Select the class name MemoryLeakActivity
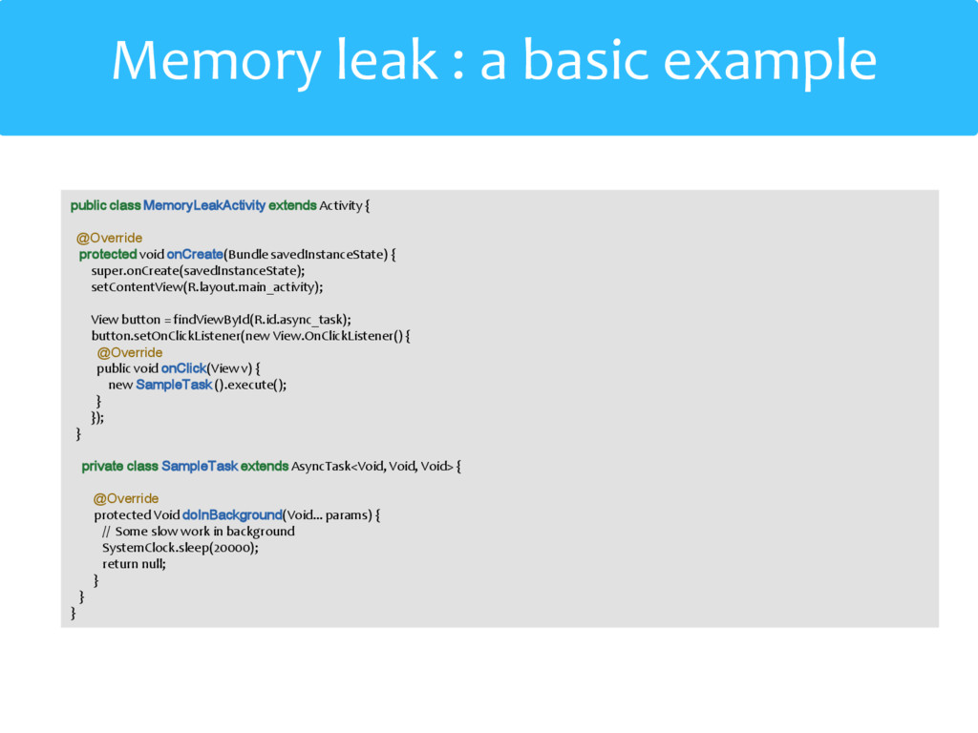pyautogui.click(x=204, y=205)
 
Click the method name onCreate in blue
pyautogui.click(x=195, y=254)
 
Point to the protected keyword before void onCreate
pyautogui.click(x=108, y=254)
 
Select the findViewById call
pyautogui.click(x=210, y=319)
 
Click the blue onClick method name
pyautogui.click(x=184, y=368)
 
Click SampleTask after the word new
pyautogui.click(x=174, y=385)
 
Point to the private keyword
pyautogui.click(x=102, y=466)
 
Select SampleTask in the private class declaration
pyautogui.click(x=200, y=466)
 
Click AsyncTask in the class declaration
pyautogui.click(x=322, y=466)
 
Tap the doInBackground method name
pyautogui.click(x=232, y=515)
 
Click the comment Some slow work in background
pyautogui.click(x=204, y=532)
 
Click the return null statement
pyautogui.click(x=134, y=564)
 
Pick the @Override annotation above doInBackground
pyautogui.click(x=126, y=498)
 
